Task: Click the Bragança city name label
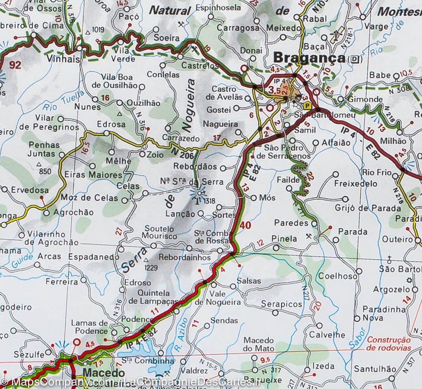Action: coord(309,57)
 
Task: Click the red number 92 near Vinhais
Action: coord(15,65)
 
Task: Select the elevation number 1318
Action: coord(209,201)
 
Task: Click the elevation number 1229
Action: coord(151,268)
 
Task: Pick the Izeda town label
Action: coord(322,366)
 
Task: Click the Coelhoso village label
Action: coord(337,276)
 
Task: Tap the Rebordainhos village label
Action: coord(185,257)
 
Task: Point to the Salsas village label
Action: coord(249,281)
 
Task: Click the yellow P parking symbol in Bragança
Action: coord(308,105)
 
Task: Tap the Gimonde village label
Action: coord(365,99)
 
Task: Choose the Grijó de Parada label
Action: coord(368,208)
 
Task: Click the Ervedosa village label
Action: coord(30,190)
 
